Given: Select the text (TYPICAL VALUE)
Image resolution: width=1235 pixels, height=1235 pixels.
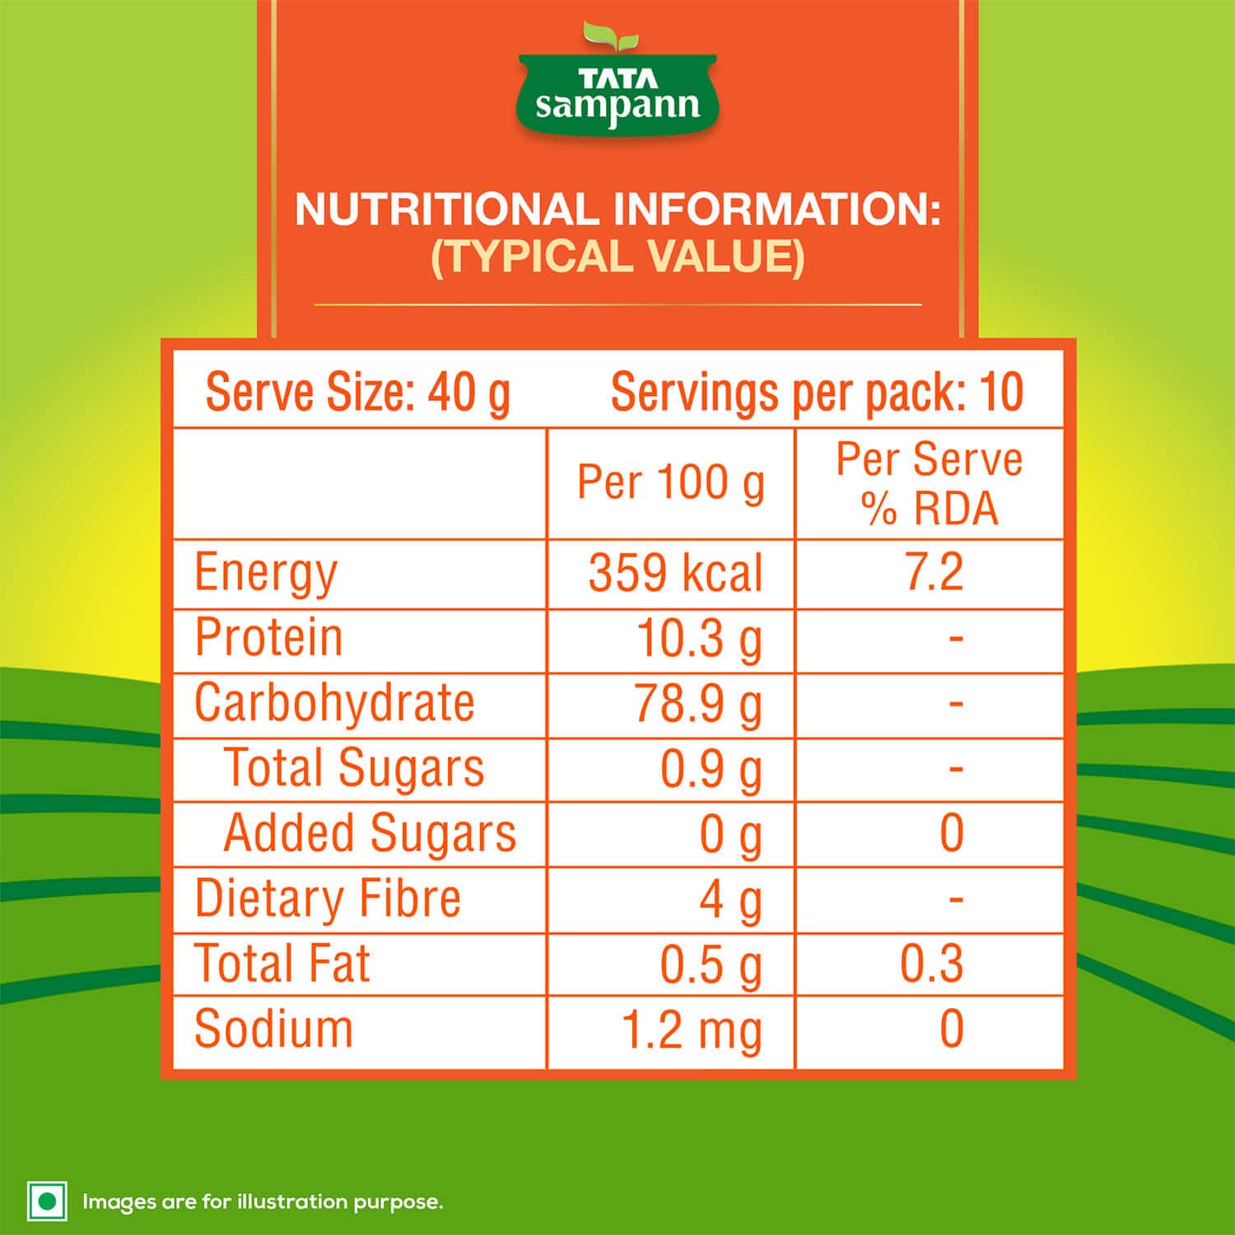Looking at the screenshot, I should click(x=617, y=257).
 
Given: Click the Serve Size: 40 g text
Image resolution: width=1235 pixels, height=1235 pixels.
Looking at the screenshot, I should click(x=357, y=392).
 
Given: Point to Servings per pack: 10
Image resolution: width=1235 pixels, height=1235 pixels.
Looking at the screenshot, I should click(x=817, y=392).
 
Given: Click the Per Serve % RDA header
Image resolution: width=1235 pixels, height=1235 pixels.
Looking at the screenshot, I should click(x=930, y=483).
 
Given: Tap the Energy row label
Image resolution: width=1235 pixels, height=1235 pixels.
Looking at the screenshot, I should click(x=266, y=573).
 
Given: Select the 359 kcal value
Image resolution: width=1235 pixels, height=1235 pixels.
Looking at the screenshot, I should click(x=675, y=573).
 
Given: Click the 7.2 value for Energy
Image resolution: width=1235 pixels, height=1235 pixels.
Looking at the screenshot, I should click(x=934, y=573).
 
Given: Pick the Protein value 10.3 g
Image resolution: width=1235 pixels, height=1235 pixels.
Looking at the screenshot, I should click(x=700, y=639).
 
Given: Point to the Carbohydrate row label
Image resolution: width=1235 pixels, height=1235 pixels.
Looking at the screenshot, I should click(x=334, y=703).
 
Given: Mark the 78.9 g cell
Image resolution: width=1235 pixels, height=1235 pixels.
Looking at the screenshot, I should click(x=698, y=705).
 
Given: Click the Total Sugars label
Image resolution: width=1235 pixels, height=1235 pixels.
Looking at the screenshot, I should click(x=354, y=768).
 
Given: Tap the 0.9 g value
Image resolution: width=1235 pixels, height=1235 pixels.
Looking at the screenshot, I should click(x=711, y=769).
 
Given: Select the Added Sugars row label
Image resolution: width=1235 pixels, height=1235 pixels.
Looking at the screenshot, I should click(x=370, y=833).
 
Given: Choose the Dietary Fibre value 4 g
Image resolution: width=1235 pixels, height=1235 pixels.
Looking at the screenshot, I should click(x=731, y=899).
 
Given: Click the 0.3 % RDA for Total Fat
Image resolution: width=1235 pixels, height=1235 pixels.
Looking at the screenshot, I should click(x=931, y=964).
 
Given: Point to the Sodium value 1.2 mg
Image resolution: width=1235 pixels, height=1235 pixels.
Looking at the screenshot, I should click(x=692, y=1030).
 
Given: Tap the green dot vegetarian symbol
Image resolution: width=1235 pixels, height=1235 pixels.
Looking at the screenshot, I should click(x=48, y=1201).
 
